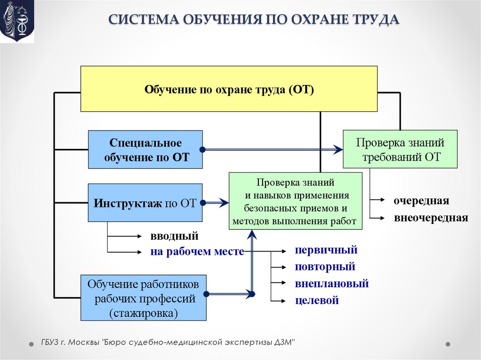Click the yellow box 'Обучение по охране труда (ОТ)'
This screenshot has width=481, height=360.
pyautogui.click(x=229, y=89)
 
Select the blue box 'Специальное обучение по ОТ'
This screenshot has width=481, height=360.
pyautogui.click(x=145, y=150)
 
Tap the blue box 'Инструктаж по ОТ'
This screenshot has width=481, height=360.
pyautogui.click(x=145, y=203)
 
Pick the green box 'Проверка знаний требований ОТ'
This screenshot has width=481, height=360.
pyautogui.click(x=400, y=149)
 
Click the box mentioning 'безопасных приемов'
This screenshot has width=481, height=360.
pyautogui.click(x=295, y=201)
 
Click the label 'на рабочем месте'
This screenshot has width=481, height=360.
pyautogui.click(x=197, y=252)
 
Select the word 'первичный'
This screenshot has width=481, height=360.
pyautogui.click(x=326, y=250)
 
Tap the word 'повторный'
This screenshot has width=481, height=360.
pyautogui.click(x=325, y=267)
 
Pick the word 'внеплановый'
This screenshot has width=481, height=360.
pyautogui.click(x=332, y=283)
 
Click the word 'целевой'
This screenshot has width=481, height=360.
pyautogui.click(x=317, y=300)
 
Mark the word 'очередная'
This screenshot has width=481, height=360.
pyautogui.click(x=421, y=201)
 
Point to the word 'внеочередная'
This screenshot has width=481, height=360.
pyautogui.click(x=431, y=218)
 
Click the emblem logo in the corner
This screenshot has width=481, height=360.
pyautogui.click(x=17, y=22)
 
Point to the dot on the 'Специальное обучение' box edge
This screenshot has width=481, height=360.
pyautogui.click(x=202, y=150)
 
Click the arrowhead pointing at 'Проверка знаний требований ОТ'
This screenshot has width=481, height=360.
pyautogui.click(x=339, y=150)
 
